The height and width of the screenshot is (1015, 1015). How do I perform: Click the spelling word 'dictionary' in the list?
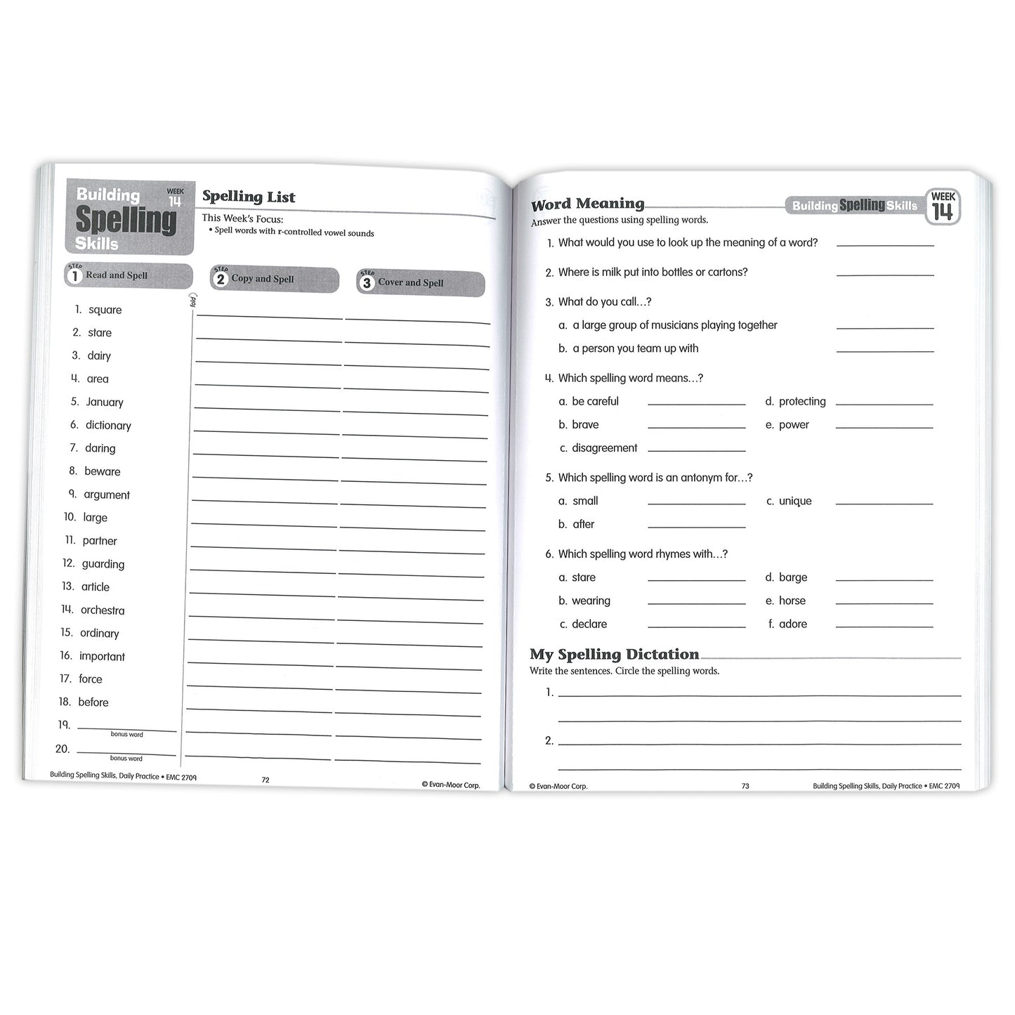108,425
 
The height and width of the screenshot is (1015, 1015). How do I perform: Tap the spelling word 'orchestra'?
103,610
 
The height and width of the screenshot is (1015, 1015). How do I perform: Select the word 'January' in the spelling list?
105,402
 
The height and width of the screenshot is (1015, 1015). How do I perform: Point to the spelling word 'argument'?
107,495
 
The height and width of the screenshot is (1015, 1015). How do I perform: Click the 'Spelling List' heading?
249,197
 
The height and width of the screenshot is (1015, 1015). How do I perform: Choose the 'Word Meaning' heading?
588,204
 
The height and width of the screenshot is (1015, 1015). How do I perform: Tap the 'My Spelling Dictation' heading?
615,655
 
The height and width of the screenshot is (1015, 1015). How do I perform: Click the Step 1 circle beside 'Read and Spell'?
74,275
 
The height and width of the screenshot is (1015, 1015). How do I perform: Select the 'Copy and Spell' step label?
263,279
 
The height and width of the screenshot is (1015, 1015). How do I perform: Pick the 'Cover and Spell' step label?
411,282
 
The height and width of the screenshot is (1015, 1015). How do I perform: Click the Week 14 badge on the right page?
943,207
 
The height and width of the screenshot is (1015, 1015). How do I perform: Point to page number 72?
266,780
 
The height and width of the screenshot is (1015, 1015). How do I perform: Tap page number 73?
745,786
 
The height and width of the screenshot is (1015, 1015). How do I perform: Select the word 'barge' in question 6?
793,577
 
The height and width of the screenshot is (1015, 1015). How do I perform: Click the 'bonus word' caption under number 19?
127,735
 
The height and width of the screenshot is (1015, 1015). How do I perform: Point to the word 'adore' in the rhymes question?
793,624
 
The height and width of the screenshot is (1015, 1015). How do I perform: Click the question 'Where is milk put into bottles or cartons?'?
653,272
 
